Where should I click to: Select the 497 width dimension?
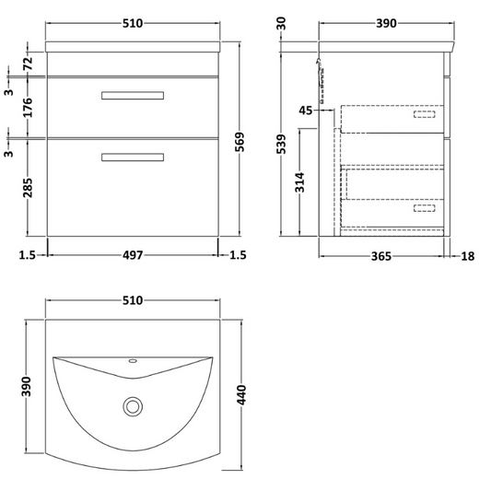[x=133, y=256]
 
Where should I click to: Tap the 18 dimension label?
[x=467, y=256]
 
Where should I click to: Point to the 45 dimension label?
[x=306, y=111]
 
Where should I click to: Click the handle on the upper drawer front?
[x=132, y=94]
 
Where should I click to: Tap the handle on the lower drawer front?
[x=132, y=157]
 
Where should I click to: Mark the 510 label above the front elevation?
[x=132, y=23]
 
